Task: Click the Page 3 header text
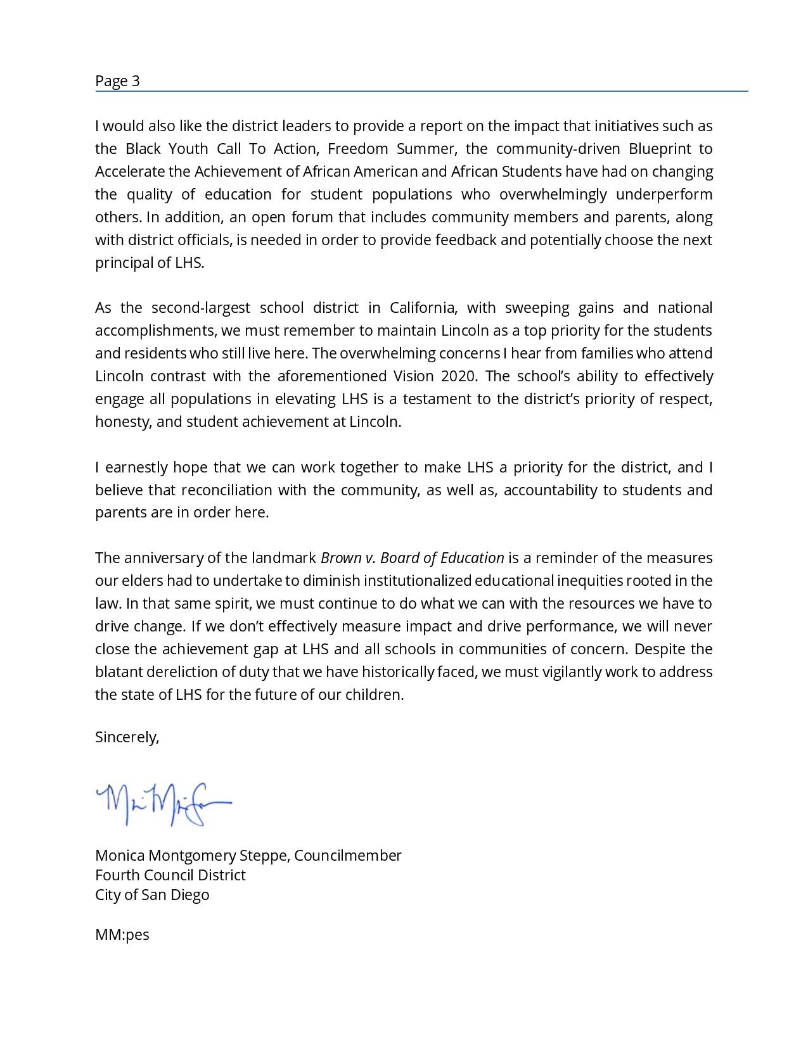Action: pyautogui.click(x=117, y=81)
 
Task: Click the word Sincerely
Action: pyautogui.click(x=127, y=737)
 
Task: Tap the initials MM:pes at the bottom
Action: pyautogui.click(x=122, y=935)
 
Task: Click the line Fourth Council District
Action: pyautogui.click(x=170, y=875)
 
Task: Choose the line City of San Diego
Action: pyautogui.click(x=152, y=895)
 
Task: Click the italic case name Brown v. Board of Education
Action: pyautogui.click(x=412, y=558)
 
